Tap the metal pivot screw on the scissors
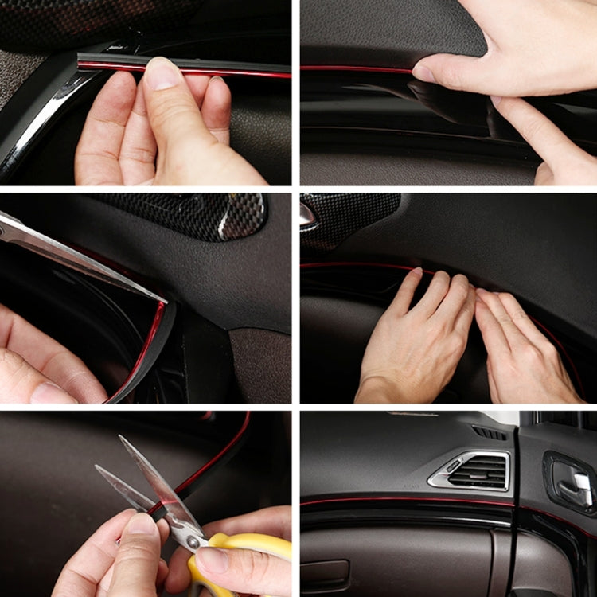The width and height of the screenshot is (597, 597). click(x=193, y=542)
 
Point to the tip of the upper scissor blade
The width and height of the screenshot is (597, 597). click(x=122, y=437)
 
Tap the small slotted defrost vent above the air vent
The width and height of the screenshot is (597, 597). click(x=489, y=433)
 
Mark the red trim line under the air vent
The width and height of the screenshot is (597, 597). click(x=414, y=502)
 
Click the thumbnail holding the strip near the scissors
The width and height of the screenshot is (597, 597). click(x=143, y=525)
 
